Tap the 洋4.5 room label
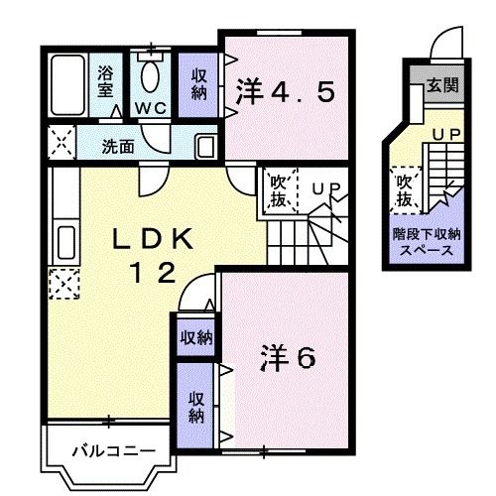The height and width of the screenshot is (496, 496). click(x=285, y=93)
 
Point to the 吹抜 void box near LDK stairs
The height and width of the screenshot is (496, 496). click(x=278, y=190)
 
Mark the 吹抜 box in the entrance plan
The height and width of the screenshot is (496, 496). click(x=404, y=190)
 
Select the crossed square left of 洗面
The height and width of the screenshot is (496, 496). click(x=59, y=144)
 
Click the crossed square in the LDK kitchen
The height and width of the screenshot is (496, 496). click(x=62, y=285)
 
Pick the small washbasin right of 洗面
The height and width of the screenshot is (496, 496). click(x=205, y=147)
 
